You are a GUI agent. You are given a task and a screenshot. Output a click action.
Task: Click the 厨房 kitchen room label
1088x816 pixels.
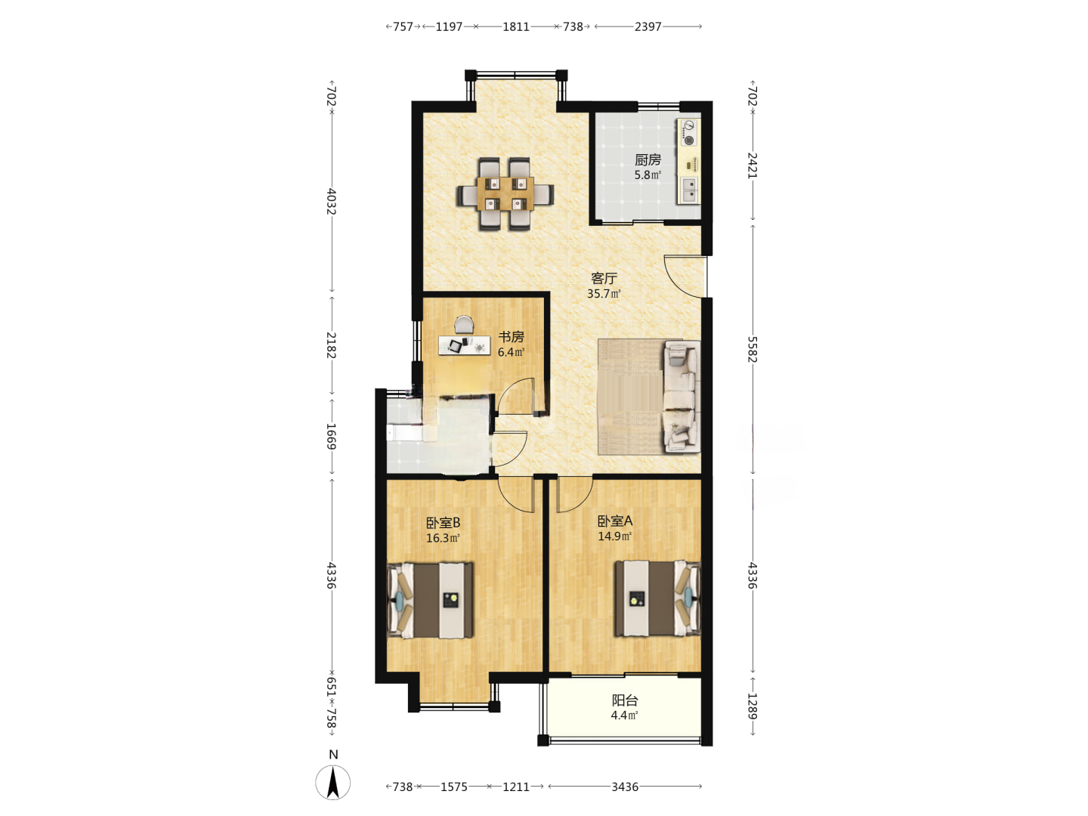(x=648, y=160)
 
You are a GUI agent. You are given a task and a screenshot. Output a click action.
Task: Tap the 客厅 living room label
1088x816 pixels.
(x=604, y=278)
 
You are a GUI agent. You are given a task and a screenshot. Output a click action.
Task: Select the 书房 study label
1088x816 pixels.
(x=511, y=337)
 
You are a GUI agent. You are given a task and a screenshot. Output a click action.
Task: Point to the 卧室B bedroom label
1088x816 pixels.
(x=443, y=523)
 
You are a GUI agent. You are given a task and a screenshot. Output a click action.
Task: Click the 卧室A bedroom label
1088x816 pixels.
(x=614, y=521)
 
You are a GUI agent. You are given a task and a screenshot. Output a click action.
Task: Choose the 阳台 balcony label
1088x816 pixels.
(x=625, y=700)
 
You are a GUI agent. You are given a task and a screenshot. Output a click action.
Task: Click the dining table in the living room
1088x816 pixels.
(x=505, y=193)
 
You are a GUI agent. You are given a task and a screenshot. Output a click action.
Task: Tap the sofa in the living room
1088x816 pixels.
(x=682, y=396)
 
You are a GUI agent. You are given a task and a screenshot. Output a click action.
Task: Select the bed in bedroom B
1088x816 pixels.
(x=430, y=600)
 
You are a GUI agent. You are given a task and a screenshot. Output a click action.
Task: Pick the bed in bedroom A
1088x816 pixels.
(x=658, y=598)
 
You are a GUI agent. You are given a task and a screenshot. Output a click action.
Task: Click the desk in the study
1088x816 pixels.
(x=465, y=345)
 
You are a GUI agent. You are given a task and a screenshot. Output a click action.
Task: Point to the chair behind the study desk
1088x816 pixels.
(x=464, y=325)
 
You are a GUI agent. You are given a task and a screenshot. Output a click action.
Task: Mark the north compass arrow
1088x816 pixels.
(x=333, y=783)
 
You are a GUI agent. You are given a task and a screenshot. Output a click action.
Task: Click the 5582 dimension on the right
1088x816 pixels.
(x=753, y=350)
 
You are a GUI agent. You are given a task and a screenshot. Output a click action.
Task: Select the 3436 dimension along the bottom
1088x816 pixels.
(x=625, y=787)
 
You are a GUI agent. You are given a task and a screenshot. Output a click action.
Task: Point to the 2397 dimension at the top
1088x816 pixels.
(x=648, y=26)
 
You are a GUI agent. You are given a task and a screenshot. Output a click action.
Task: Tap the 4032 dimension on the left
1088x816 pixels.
(x=332, y=202)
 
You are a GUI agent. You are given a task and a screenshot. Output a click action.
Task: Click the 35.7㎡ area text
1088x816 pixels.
(x=604, y=293)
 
